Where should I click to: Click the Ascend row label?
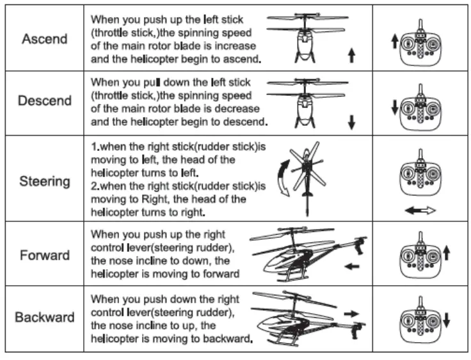click(44, 39)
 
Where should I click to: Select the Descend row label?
click(44, 101)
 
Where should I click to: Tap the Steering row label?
click(44, 181)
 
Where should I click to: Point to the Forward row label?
click(44, 256)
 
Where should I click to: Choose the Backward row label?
click(44, 317)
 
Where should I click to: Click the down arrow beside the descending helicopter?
click(351, 121)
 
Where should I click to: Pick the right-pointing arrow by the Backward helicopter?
click(351, 313)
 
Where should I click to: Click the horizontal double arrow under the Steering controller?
click(420, 210)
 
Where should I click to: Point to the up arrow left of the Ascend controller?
click(394, 43)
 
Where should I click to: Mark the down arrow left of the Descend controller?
click(394, 106)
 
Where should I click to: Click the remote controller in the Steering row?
click(420, 176)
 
